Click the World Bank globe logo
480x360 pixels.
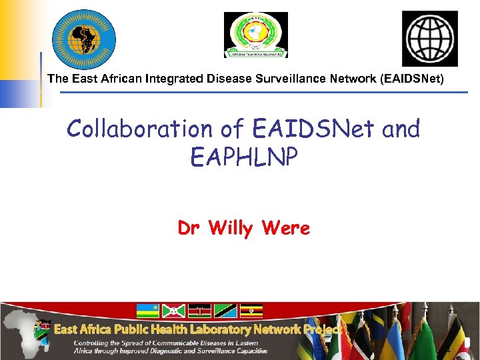(429, 38)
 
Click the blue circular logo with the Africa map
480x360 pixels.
(84, 39)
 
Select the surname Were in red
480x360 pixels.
(286, 229)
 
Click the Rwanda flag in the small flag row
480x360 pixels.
(147, 311)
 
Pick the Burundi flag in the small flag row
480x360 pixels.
(173, 311)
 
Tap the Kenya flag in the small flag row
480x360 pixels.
(199, 311)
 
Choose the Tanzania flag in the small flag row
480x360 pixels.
(225, 311)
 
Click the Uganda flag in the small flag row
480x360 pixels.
(251, 311)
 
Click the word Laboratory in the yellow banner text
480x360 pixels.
(206, 329)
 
